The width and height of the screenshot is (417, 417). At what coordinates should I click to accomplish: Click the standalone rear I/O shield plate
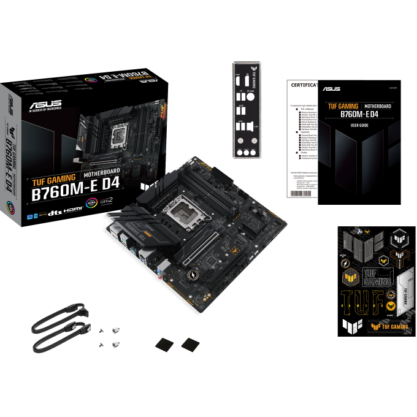point(250,110)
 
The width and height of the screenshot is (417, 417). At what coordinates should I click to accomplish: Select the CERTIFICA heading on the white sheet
point(303,85)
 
